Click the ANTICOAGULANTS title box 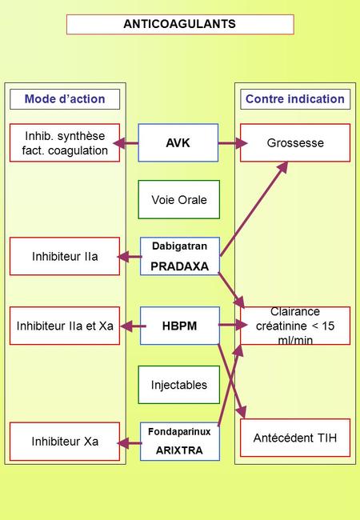(180, 24)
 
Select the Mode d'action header (65, 99)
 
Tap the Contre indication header (295, 99)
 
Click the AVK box (178, 142)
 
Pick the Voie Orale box (178, 200)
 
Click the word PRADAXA (180, 266)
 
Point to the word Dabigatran (180, 246)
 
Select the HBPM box (180, 326)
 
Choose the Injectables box (178, 385)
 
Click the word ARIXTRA (179, 450)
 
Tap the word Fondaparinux (179, 431)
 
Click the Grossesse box (295, 142)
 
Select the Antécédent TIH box (295, 438)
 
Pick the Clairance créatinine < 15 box (295, 326)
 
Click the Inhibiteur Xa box (65, 442)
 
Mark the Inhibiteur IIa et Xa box (65, 326)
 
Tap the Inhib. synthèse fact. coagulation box (65, 142)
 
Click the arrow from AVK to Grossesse (233, 143)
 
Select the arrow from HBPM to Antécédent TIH (232, 381)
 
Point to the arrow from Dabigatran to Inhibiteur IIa (130, 257)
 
